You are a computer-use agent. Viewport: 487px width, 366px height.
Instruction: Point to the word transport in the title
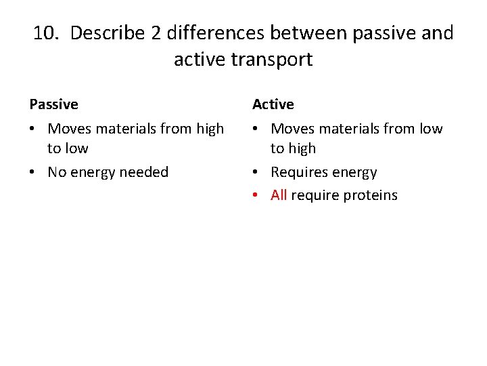(x=272, y=60)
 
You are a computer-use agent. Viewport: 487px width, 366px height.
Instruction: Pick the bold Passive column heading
(x=53, y=104)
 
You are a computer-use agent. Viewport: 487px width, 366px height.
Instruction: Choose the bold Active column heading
(x=273, y=104)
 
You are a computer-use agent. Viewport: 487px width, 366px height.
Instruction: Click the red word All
(x=279, y=196)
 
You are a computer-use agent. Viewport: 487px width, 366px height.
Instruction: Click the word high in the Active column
(x=302, y=148)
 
